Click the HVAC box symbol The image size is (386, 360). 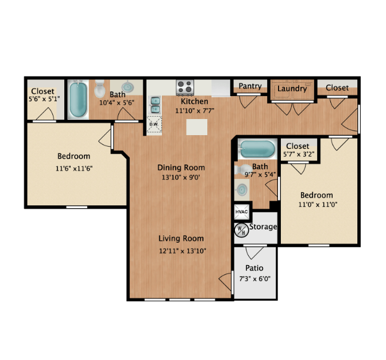tap(241, 212)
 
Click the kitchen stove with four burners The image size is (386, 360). tap(185, 87)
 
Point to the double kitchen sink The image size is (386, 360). tap(155, 105)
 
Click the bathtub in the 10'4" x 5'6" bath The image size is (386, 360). tap(77, 99)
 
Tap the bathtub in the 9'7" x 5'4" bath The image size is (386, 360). tap(257, 148)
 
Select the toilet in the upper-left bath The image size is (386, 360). tap(100, 89)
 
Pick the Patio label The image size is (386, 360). tap(254, 269)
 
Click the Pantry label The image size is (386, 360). tap(250, 86)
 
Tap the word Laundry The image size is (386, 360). tap(292, 89)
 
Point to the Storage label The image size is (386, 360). tap(264, 227)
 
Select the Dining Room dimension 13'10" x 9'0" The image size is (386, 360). tap(182, 178)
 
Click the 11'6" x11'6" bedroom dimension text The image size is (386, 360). tap(74, 168)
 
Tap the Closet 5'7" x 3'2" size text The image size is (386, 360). tap(298, 154)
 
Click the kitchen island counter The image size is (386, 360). tap(196, 127)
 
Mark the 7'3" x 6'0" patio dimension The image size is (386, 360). tap(254, 279)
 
